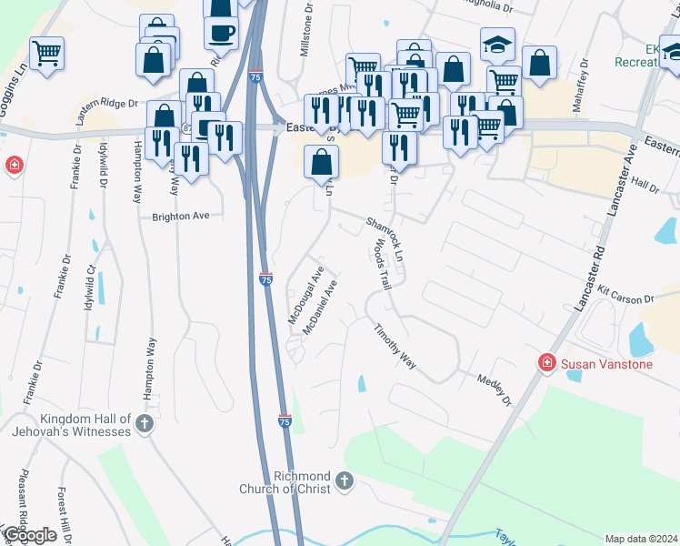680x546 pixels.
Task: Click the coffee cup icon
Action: (221, 33)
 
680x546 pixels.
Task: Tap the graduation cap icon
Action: (497, 45)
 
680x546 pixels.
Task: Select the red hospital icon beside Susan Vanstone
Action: (547, 363)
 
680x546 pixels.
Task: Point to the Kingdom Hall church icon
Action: (144, 423)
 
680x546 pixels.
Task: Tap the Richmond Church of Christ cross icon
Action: (344, 480)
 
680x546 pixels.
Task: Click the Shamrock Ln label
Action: (385, 239)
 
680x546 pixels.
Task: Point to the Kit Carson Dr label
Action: (626, 293)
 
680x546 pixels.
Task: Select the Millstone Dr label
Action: (306, 35)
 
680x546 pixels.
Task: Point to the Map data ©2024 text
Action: (641, 539)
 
